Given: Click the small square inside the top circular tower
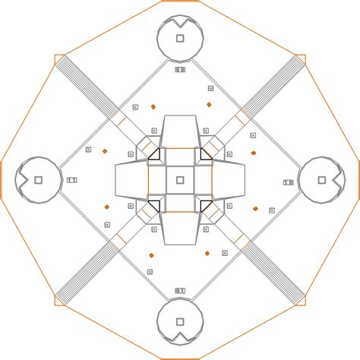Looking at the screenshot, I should point(180,38).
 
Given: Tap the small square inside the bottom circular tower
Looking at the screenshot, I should point(180,322).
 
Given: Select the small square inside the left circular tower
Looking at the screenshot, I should point(37,180).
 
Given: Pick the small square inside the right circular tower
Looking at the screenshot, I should point(321,180).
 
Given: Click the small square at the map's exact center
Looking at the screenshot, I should point(180,180).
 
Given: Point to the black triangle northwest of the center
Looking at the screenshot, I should point(154,155).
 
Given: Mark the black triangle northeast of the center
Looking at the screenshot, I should point(205,155).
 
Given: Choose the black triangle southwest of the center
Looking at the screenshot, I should point(154,205).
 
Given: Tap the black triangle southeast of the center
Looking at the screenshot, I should point(205,205).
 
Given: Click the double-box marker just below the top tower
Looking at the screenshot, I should point(180,69).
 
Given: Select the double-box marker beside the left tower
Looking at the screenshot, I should point(72,180).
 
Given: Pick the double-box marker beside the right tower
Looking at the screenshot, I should point(288,182).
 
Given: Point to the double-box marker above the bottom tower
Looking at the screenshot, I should point(180,290).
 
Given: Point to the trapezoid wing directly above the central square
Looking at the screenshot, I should point(180,131).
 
